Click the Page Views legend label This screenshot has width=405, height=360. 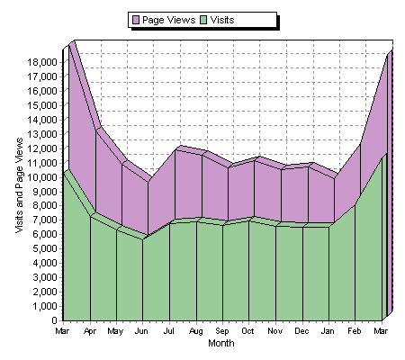169,19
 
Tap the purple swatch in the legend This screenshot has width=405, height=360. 136,19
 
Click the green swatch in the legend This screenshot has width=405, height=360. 203,19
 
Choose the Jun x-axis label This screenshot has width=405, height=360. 141,332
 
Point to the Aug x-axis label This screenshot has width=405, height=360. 194,332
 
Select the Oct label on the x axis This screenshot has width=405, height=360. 247,332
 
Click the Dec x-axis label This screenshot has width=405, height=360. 301,332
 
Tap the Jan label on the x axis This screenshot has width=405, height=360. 328,332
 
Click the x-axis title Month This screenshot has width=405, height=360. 220,344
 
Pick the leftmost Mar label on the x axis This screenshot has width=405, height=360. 62,332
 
